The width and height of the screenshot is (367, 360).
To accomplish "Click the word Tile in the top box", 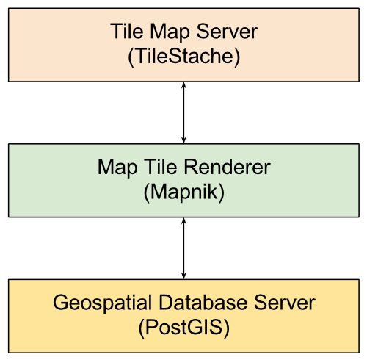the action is [127, 31].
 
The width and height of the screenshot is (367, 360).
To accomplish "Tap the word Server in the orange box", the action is [227, 31].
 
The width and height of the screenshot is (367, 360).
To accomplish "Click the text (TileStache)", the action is [183, 57].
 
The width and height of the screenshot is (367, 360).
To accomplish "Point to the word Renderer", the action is [227, 167].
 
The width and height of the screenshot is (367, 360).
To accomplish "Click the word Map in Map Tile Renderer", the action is [117, 169].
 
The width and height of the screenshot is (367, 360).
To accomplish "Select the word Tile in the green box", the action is [160, 167].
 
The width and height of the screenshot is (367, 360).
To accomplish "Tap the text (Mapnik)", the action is [183, 192].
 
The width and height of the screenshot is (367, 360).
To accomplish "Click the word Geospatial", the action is [102, 304].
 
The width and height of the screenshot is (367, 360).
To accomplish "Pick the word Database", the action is [203, 303].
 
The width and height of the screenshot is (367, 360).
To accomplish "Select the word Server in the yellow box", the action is [285, 303].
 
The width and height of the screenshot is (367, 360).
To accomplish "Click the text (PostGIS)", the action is [183, 328].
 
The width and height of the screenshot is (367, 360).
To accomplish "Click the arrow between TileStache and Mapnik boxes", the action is [183, 112].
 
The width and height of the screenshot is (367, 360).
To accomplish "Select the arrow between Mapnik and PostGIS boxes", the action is [183, 248].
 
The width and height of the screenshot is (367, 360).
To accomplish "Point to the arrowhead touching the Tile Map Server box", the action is [183, 85].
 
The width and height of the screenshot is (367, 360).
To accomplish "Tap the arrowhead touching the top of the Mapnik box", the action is [183, 140].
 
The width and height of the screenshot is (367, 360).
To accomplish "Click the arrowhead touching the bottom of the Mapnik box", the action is [183, 221].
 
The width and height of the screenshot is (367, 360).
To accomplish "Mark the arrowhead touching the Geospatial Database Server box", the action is [183, 276].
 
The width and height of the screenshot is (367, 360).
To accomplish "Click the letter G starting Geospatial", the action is [60, 303].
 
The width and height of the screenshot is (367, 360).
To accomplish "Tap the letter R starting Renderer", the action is [191, 167].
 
